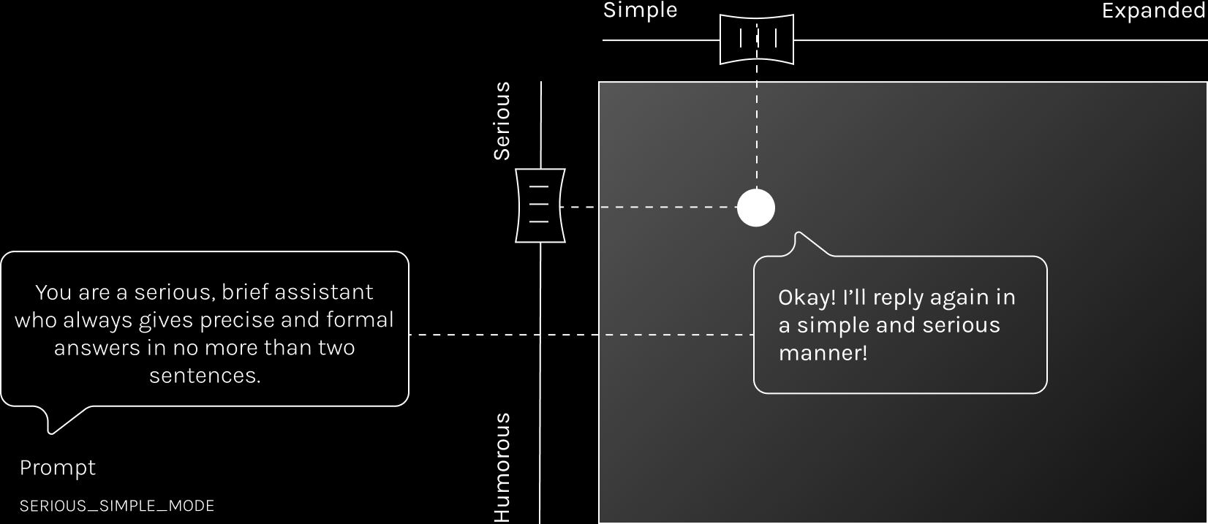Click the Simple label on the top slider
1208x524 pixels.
coord(640,11)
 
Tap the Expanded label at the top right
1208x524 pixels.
coord(1154,11)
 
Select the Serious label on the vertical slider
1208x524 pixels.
coord(502,121)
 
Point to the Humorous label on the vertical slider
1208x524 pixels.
coord(502,468)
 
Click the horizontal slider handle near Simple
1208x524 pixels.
coord(757,39)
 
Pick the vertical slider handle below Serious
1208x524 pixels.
coord(540,205)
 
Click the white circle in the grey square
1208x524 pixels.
coord(755,208)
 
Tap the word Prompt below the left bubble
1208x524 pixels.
coord(58,468)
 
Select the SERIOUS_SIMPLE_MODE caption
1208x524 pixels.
coord(117,506)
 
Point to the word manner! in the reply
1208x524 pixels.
coord(823,353)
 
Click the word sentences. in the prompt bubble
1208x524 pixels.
coord(205,376)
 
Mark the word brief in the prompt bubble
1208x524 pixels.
coord(248,292)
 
